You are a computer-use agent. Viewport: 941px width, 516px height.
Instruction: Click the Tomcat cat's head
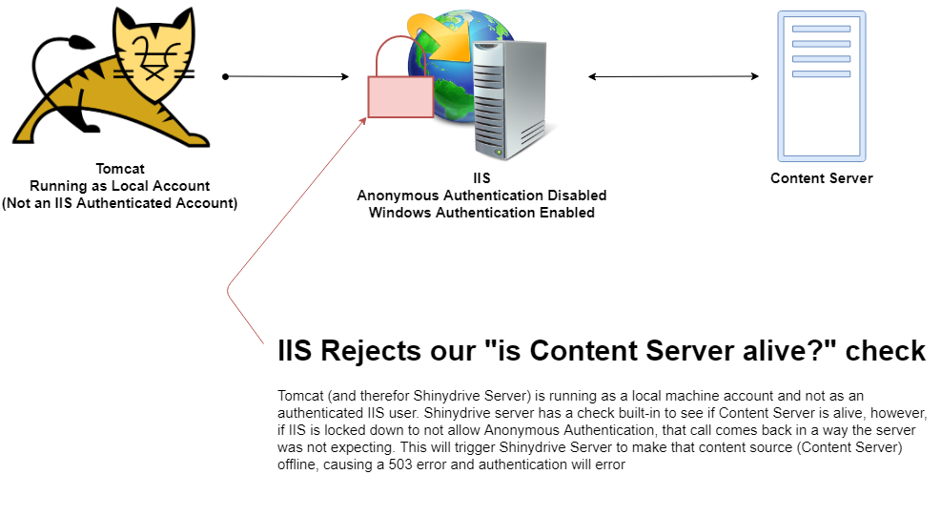pos(153,55)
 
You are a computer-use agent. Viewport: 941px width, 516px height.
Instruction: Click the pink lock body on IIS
pos(400,97)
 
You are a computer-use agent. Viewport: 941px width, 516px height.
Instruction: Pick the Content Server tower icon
pos(821,86)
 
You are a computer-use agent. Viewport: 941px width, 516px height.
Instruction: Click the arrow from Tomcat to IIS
pos(286,76)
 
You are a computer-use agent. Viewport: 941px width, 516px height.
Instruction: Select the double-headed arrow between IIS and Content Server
pos(673,76)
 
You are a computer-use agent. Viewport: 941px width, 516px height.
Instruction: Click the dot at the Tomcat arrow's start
pos(225,76)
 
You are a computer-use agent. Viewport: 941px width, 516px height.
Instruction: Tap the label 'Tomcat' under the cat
pos(120,169)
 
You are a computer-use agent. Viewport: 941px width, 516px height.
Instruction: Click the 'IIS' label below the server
pos(482,178)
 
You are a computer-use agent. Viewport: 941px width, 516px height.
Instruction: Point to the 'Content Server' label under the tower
pos(821,178)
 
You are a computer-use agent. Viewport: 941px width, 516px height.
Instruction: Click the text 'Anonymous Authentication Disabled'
pos(481,196)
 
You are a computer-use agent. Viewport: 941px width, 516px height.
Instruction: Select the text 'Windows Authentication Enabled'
pos(481,213)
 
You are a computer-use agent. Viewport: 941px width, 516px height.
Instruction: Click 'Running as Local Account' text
pos(120,186)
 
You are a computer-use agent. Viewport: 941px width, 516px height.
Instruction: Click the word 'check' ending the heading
pos(886,351)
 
